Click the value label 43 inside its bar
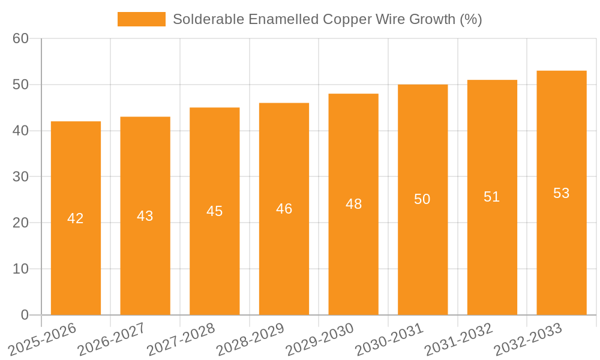click(145, 216)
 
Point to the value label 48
click(354, 204)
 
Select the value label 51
click(492, 197)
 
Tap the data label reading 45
click(215, 211)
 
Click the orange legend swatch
click(141, 19)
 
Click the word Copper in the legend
click(344, 19)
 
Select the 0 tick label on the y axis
click(25, 315)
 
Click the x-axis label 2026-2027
click(112, 339)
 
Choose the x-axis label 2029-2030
click(320, 339)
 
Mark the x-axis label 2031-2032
click(459, 339)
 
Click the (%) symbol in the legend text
click(471, 19)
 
